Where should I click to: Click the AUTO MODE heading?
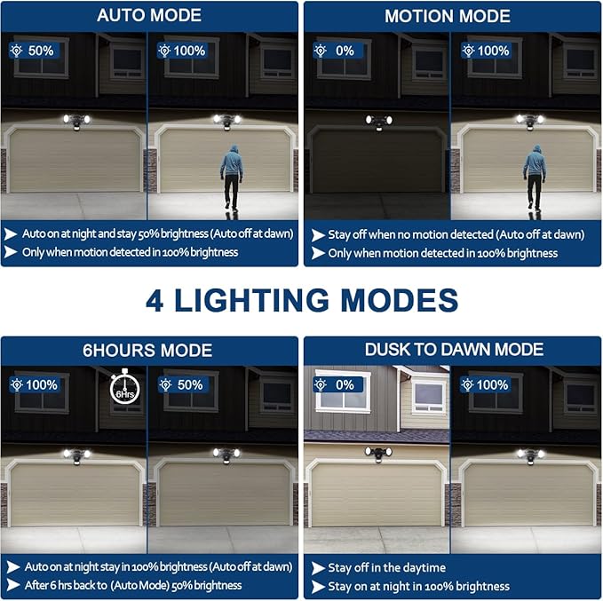[x=148, y=15]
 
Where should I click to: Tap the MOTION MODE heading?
[x=447, y=16]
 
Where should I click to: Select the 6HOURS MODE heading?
[x=148, y=350]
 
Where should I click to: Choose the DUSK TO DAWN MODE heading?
[x=453, y=349]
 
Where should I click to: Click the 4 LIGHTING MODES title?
[x=302, y=299]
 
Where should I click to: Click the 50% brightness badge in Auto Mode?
[x=35, y=51]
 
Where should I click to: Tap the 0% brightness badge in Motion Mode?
[x=338, y=51]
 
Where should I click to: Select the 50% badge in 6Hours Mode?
[x=184, y=385]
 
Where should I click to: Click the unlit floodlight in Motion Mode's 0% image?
[x=377, y=122]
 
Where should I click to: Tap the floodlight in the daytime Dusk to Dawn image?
[x=377, y=453]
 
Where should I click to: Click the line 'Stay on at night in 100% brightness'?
[x=418, y=586]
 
